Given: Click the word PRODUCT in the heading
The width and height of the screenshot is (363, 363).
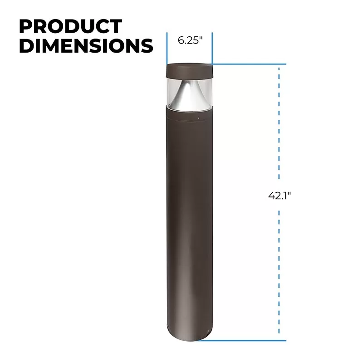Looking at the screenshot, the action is click(x=71, y=26).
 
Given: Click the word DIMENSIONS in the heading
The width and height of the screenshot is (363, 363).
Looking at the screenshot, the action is click(x=86, y=45).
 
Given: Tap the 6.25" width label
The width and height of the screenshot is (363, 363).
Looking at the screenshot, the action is click(x=190, y=40).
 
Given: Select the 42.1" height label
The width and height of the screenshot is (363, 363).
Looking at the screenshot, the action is click(x=280, y=196).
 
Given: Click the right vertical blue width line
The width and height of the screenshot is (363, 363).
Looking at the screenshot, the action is click(x=212, y=48).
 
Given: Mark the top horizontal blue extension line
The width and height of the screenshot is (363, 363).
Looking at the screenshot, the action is click(x=249, y=64).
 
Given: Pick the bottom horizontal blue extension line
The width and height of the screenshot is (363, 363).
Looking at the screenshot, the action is click(x=242, y=341).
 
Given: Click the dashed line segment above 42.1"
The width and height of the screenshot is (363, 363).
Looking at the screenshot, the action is click(x=279, y=123).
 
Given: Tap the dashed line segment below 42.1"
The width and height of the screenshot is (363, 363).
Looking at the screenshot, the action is click(x=279, y=272).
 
